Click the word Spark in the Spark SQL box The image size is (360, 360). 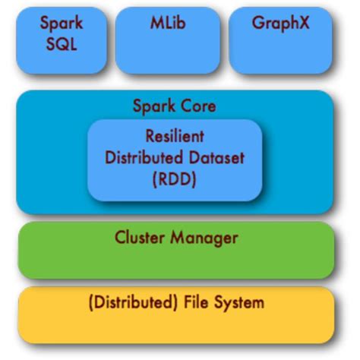coord(62,22)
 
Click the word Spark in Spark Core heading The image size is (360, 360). coord(154,107)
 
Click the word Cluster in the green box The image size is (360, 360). coord(141,238)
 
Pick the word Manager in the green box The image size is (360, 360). coord(204,238)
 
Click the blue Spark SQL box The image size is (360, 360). coord(62,57)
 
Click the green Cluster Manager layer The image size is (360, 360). coord(175,262)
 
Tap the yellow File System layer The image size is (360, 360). coord(175,327)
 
